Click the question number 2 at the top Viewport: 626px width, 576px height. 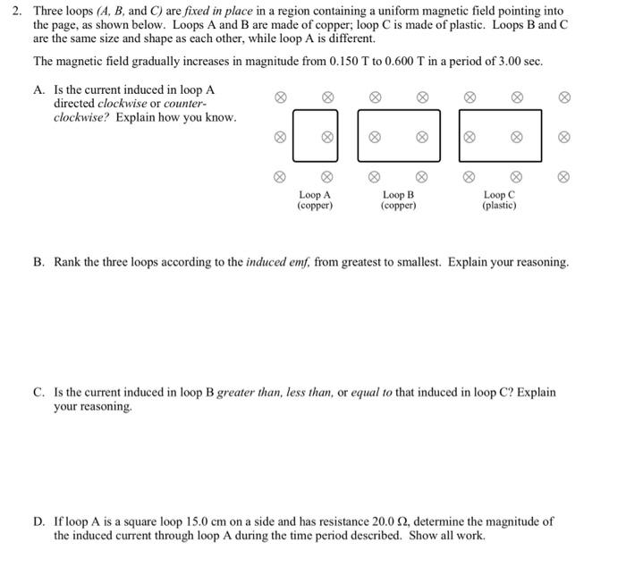pos(14,10)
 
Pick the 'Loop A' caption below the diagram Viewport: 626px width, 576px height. pos(315,194)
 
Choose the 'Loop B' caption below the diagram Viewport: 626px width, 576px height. pos(398,194)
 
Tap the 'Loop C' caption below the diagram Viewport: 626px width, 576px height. pos(499,194)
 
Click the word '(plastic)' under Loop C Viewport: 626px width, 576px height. pos(499,206)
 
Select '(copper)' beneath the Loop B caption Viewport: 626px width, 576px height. pos(398,206)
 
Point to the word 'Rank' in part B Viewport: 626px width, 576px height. pos(70,262)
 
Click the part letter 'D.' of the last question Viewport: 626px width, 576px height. pos(38,521)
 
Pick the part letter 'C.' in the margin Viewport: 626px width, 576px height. pos(38,393)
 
